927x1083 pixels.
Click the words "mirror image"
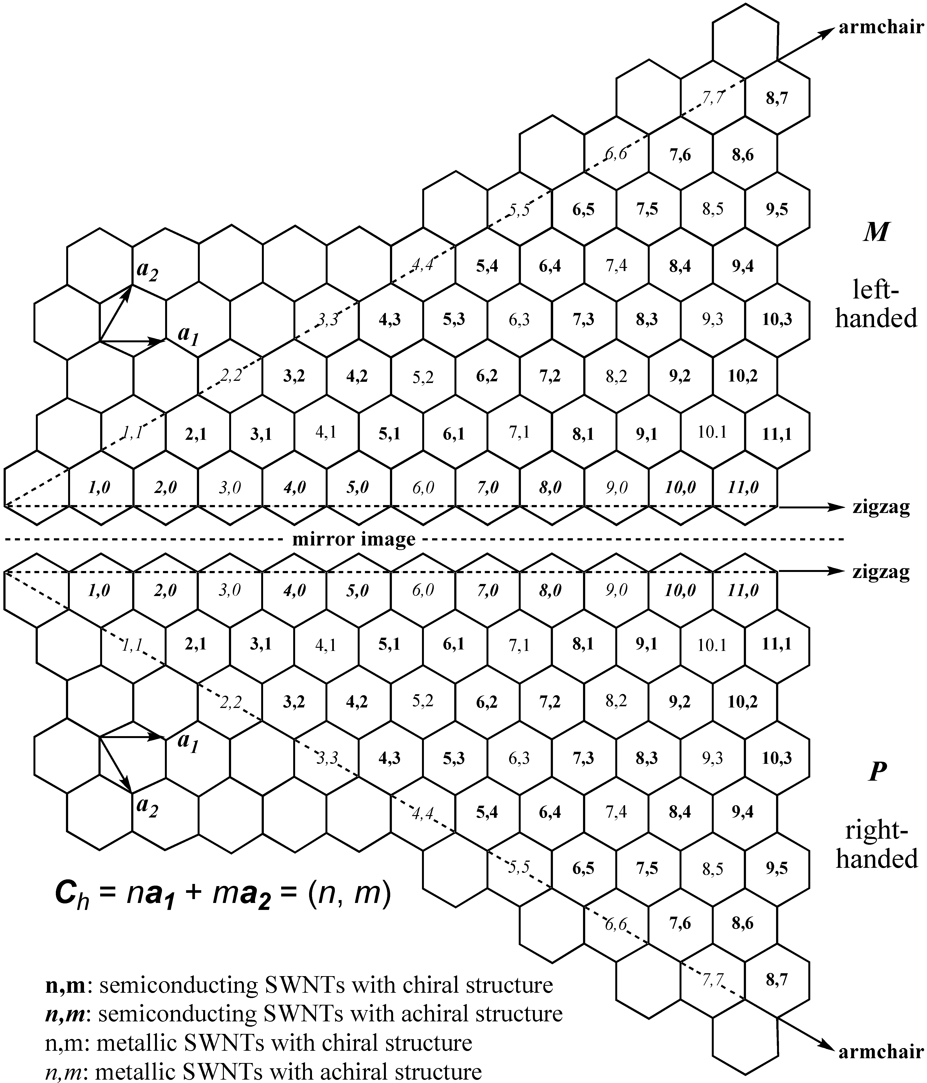pyautogui.click(x=354, y=539)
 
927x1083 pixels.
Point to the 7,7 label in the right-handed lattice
pyautogui.click(x=712, y=979)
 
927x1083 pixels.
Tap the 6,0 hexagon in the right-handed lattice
pyautogui.click(x=423, y=591)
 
